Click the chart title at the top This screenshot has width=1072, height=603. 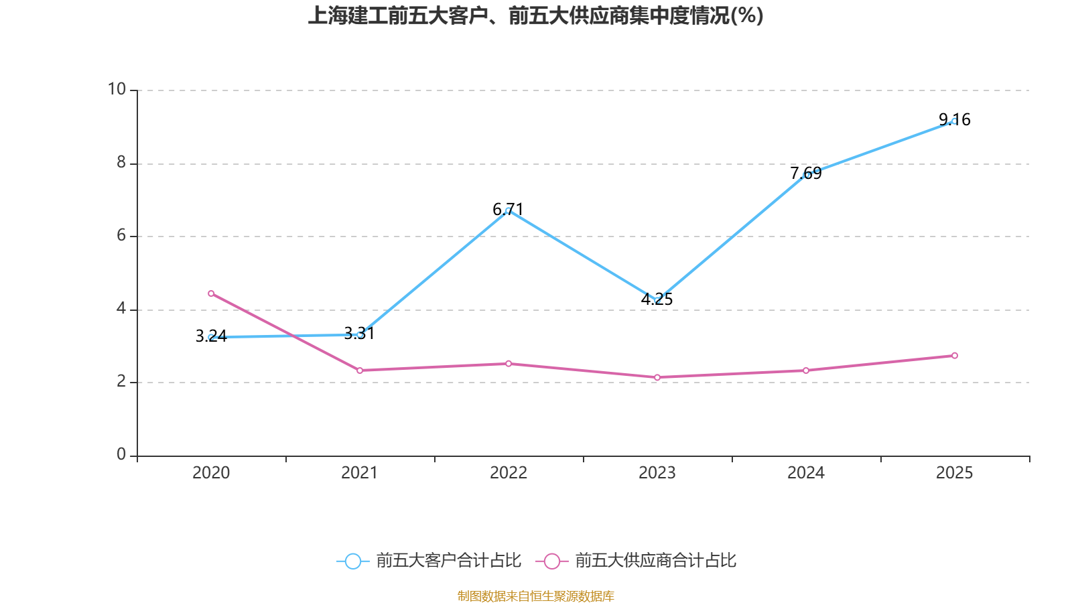click(535, 15)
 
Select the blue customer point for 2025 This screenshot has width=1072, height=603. click(954, 121)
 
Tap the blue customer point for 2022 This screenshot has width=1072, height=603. click(508, 210)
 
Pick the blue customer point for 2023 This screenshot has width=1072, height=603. click(657, 299)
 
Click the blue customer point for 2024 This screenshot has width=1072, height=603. click(806, 175)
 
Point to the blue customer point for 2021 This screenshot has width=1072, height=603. click(360, 334)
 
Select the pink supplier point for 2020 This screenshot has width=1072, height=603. click(211, 293)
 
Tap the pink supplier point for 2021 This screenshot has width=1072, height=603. click(360, 371)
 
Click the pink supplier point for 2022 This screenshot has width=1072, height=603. click(509, 364)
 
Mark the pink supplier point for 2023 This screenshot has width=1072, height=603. click(657, 378)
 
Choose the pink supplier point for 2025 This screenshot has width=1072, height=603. click(955, 356)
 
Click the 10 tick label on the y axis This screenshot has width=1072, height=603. click(117, 89)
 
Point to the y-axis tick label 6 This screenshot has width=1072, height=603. click(121, 235)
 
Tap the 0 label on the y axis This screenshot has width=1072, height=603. click(121, 454)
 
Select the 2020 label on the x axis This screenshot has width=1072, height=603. click(211, 473)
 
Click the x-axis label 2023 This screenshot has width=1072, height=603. click(657, 473)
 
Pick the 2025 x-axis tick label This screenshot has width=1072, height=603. click(954, 473)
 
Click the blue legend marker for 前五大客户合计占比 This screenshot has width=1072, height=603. click(352, 561)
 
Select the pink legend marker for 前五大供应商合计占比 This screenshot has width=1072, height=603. click(551, 561)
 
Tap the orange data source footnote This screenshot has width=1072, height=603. click(535, 596)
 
